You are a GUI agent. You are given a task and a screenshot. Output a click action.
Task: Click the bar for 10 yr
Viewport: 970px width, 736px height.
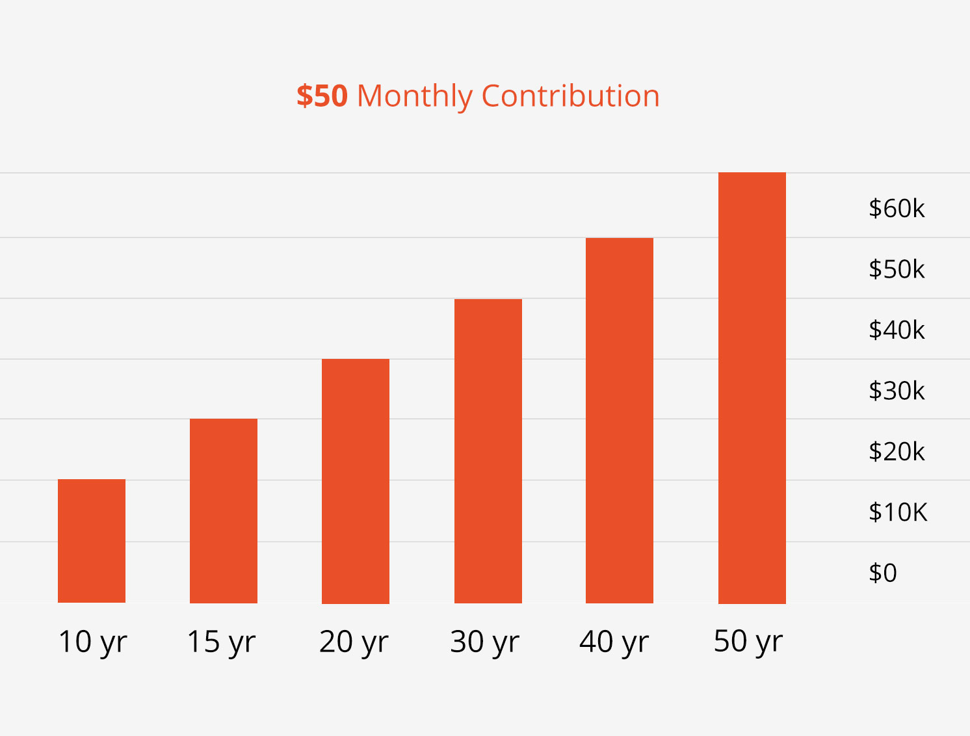coord(92,541)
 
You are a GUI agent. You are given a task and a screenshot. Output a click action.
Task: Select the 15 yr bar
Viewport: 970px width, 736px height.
coord(224,510)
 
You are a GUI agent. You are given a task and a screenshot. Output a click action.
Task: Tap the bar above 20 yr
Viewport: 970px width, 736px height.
coord(356,481)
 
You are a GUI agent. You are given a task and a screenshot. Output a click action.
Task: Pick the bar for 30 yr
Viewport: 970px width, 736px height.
coord(488,451)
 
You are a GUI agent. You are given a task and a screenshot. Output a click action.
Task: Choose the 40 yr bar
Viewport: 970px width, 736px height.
coord(620,421)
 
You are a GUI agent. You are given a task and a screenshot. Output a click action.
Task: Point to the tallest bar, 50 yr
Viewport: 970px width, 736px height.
coord(752,388)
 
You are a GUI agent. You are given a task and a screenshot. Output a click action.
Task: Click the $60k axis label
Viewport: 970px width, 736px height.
coord(897,208)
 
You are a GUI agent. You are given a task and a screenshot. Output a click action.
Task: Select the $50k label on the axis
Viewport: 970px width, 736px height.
coord(897,269)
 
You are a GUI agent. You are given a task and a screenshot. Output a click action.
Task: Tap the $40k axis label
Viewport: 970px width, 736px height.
coord(897,330)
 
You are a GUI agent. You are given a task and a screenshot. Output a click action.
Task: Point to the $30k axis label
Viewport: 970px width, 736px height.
coord(897,391)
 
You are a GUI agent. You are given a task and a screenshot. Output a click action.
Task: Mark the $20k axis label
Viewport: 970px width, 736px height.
coord(897,451)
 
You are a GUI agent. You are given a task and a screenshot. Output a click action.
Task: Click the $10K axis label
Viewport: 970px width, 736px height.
coord(898,512)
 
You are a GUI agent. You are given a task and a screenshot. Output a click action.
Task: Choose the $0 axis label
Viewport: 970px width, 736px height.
coord(883,573)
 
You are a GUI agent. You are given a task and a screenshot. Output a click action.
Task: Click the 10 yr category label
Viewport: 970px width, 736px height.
coord(93,642)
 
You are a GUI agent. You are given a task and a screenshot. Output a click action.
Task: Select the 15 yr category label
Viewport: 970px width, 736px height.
coord(222,642)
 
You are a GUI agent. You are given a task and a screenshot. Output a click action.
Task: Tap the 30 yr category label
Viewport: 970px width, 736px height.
coord(485,642)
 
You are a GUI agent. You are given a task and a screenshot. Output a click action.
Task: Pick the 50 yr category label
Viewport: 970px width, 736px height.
coord(748,641)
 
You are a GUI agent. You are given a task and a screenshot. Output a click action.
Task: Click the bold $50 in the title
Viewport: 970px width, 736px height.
coord(322,96)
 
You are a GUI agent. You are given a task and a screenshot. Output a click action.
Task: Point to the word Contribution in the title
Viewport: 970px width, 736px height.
coord(571,96)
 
